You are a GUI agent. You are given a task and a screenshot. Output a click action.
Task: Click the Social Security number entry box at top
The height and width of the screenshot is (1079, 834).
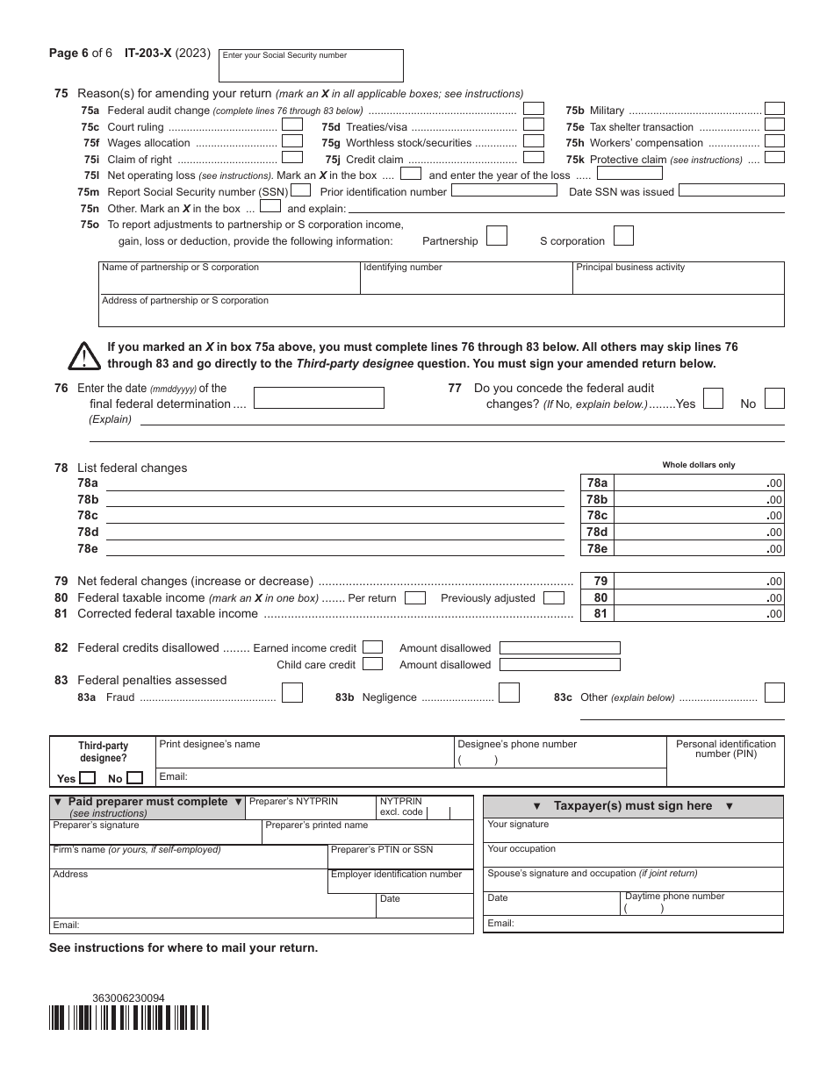[311, 67]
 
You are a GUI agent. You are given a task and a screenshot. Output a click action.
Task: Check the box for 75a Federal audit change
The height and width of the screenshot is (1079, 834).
[533, 110]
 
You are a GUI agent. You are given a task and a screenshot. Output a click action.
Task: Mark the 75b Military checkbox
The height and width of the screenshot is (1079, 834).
[774, 109]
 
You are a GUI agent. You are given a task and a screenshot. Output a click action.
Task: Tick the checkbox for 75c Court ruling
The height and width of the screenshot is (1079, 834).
[292, 125]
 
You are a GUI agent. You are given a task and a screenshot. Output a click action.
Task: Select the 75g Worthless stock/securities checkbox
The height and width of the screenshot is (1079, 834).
[533, 141]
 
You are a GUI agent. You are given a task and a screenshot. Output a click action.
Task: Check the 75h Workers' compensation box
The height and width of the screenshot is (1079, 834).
[774, 141]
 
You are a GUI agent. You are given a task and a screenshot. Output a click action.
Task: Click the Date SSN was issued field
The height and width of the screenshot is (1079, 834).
[731, 190]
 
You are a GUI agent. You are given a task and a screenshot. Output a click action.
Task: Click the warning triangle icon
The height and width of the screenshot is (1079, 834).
[84, 356]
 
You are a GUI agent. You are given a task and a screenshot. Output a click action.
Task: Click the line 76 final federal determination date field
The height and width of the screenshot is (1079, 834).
[319, 398]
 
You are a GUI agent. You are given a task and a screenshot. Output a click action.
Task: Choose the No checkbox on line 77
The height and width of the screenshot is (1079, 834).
[773, 399]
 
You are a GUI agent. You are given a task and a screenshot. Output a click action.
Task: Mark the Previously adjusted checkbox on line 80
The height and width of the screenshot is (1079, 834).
[554, 598]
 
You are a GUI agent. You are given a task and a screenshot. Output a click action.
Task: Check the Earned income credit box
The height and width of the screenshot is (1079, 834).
[372, 648]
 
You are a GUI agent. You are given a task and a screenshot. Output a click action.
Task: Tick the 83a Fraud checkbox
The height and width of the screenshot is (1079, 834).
[292, 693]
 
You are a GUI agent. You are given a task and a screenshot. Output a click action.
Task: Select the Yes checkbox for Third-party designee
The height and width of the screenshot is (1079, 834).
[88, 778]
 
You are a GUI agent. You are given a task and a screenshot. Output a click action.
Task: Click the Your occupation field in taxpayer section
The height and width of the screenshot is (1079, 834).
[633, 855]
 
